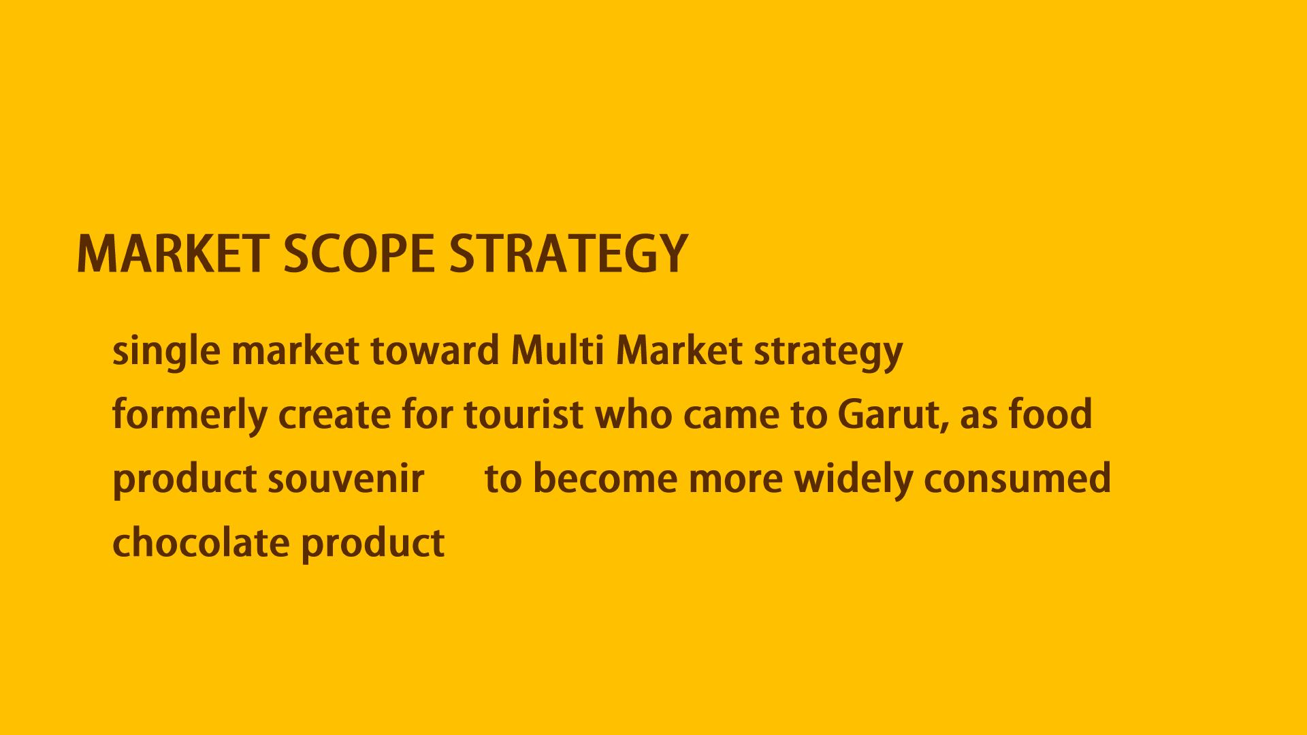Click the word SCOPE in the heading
coord(359,254)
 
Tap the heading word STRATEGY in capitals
coord(568,254)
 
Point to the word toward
coord(435,351)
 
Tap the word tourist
coord(523,415)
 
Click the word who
coord(633,414)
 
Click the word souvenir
coord(346,478)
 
